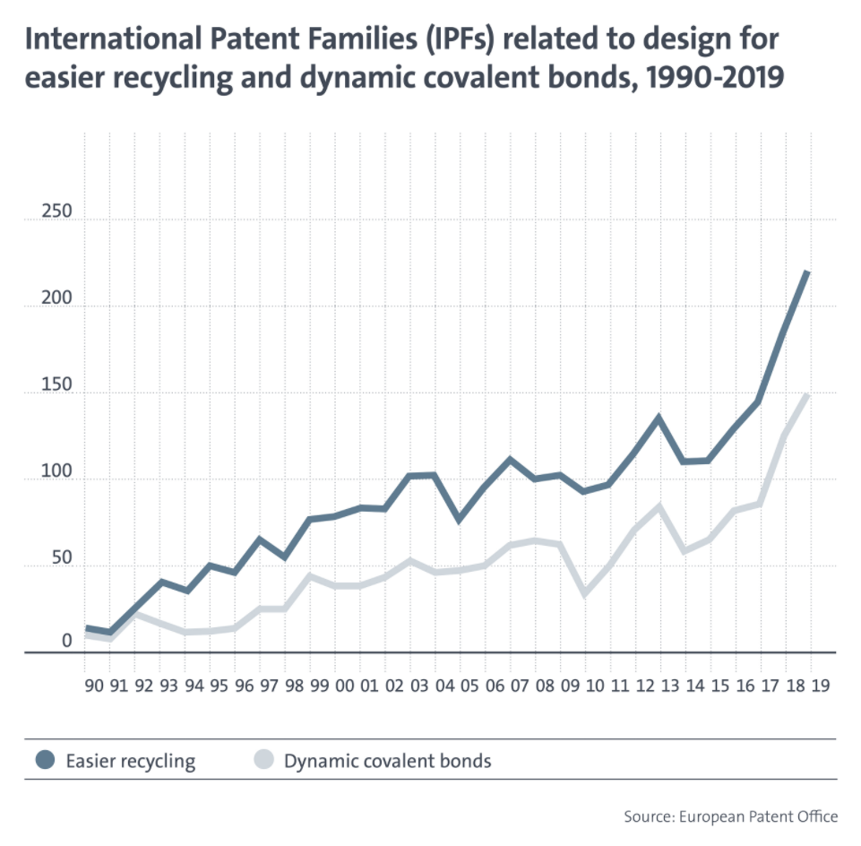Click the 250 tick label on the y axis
[x=56, y=211]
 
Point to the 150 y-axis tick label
[x=56, y=384]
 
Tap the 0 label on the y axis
[x=66, y=641]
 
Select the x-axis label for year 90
[x=94, y=686]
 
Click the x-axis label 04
[x=444, y=686]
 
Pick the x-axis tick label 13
[x=670, y=686]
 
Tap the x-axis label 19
[x=821, y=686]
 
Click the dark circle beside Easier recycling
[x=45, y=760]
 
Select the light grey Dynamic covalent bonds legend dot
[x=263, y=760]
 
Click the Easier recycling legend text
[x=131, y=762]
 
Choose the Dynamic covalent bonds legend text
[x=388, y=761]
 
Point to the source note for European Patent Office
[x=731, y=817]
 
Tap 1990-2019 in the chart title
[x=715, y=77]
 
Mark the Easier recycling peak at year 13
[x=659, y=418]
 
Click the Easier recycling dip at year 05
[x=459, y=520]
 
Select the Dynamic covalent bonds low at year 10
[x=584, y=594]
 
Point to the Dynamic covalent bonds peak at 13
[x=659, y=505]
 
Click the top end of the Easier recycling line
[x=807, y=272]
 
